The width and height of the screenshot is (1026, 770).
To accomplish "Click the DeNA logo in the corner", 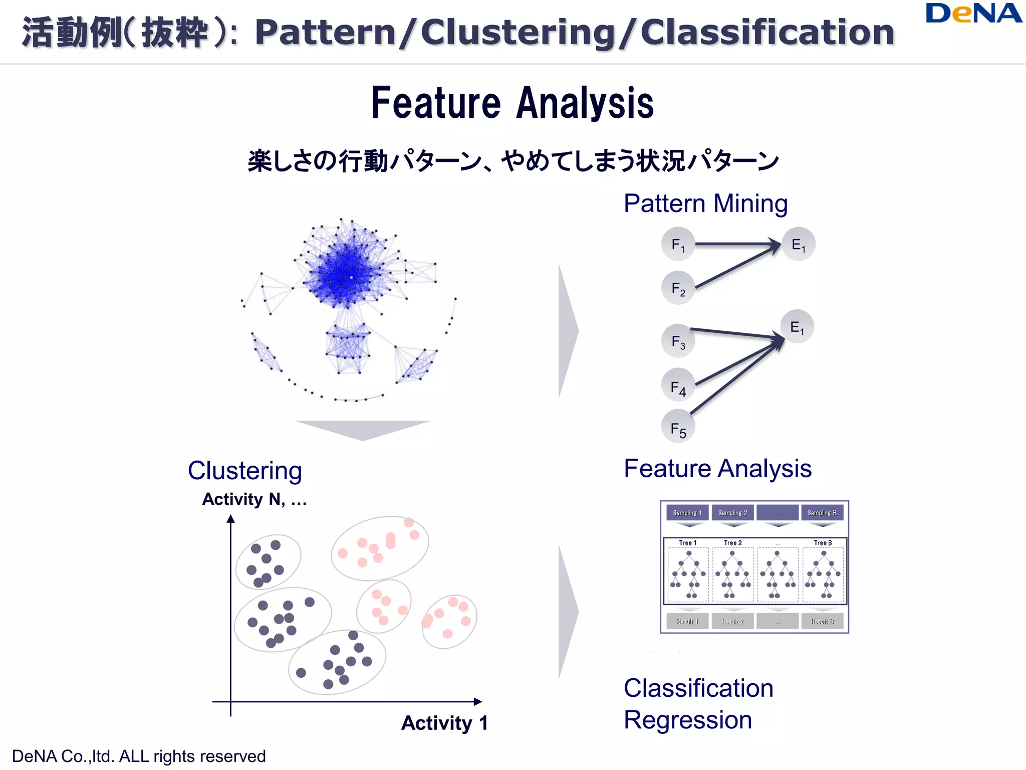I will click(x=973, y=13).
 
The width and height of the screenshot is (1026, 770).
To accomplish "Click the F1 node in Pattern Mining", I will click(x=678, y=244).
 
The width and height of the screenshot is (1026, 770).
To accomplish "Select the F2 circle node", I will click(x=678, y=288).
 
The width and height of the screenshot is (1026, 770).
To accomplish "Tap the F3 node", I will click(x=678, y=341).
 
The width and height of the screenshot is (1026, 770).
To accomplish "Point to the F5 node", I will click(x=678, y=428).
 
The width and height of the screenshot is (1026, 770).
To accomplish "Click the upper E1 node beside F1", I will click(x=798, y=244).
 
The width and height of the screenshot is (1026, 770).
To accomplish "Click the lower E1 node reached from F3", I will click(x=797, y=327).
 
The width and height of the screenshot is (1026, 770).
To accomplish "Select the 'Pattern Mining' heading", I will click(x=705, y=204).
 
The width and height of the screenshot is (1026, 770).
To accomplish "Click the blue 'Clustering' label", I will click(x=244, y=471).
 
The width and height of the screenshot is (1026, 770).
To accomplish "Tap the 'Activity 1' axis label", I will click(x=444, y=723).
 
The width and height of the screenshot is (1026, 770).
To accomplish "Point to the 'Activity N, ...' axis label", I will click(x=254, y=499).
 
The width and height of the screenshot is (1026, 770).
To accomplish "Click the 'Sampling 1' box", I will click(x=687, y=512).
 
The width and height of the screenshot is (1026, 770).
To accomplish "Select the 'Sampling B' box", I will click(x=822, y=512).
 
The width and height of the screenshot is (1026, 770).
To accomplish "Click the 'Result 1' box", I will click(x=687, y=621).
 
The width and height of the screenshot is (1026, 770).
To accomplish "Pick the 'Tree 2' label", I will click(x=732, y=542).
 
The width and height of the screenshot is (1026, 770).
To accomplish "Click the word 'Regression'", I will click(x=687, y=720).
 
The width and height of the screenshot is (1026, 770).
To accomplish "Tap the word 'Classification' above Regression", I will click(x=698, y=688).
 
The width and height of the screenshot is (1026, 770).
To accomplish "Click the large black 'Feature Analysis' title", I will click(x=512, y=103).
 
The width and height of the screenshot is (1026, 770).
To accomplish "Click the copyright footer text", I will click(x=139, y=756).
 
